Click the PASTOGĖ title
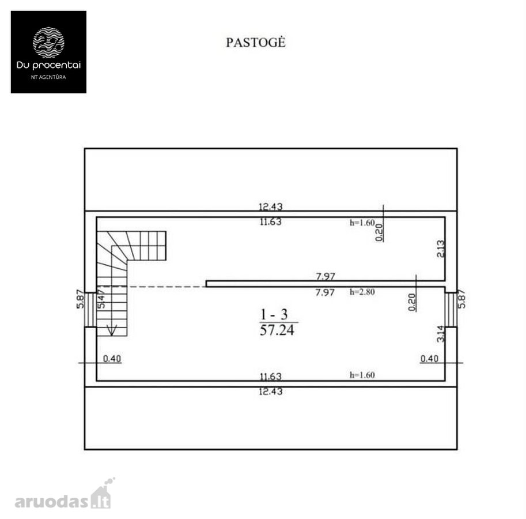256,43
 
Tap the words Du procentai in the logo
48,65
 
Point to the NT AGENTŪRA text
48,77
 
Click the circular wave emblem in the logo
48,43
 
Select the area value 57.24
277,330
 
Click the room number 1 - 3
274,314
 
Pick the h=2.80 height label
362,292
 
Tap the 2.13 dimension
441,249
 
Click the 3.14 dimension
441,334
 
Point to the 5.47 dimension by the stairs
101,299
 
